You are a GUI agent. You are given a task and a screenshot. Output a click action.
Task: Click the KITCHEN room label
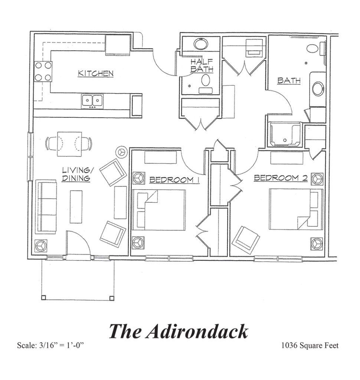coord(95,73)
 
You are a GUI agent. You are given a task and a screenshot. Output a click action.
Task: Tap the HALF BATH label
coord(202,65)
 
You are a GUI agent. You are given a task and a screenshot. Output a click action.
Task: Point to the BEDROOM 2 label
coord(281,178)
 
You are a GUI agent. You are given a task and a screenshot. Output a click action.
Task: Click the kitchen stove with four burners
coord(43,72)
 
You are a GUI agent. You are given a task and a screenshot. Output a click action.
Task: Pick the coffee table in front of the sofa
coord(76,207)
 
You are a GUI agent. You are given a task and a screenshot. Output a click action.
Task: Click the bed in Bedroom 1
coord(159,210)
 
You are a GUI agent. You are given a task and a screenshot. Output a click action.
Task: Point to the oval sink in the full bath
coord(318,89)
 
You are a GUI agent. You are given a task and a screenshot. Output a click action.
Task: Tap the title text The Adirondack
coord(179,331)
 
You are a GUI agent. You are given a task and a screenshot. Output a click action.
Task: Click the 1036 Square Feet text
coord(310,346)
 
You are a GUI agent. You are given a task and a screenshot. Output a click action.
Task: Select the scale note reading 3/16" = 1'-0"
coord(51,346)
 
